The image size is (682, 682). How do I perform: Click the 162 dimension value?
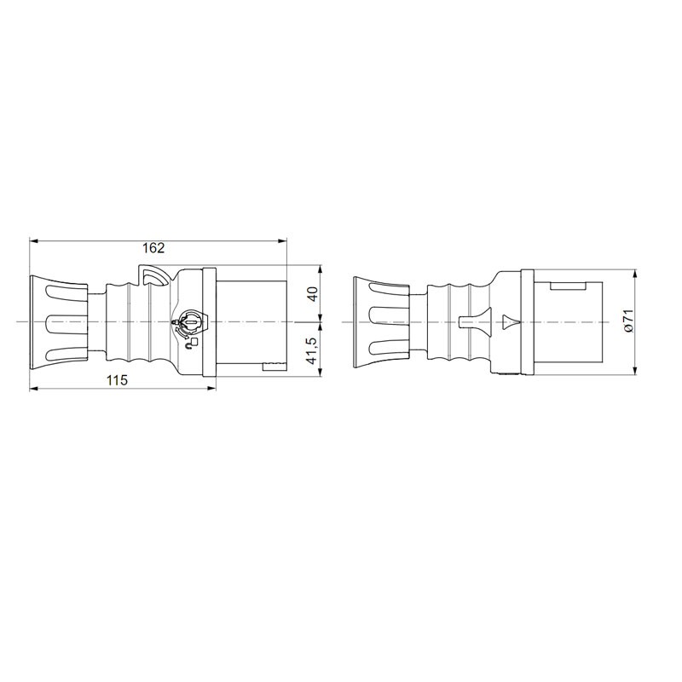tap(154, 248)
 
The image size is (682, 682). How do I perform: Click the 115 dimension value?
tap(118, 380)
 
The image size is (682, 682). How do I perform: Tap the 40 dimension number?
tap(313, 293)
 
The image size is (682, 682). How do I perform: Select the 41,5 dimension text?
tap(313, 350)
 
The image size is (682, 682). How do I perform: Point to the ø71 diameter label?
tap(628, 321)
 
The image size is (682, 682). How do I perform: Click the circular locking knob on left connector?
tap(191, 322)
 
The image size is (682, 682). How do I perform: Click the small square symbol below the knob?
tap(194, 342)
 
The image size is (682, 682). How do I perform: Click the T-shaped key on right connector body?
tap(476, 322)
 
